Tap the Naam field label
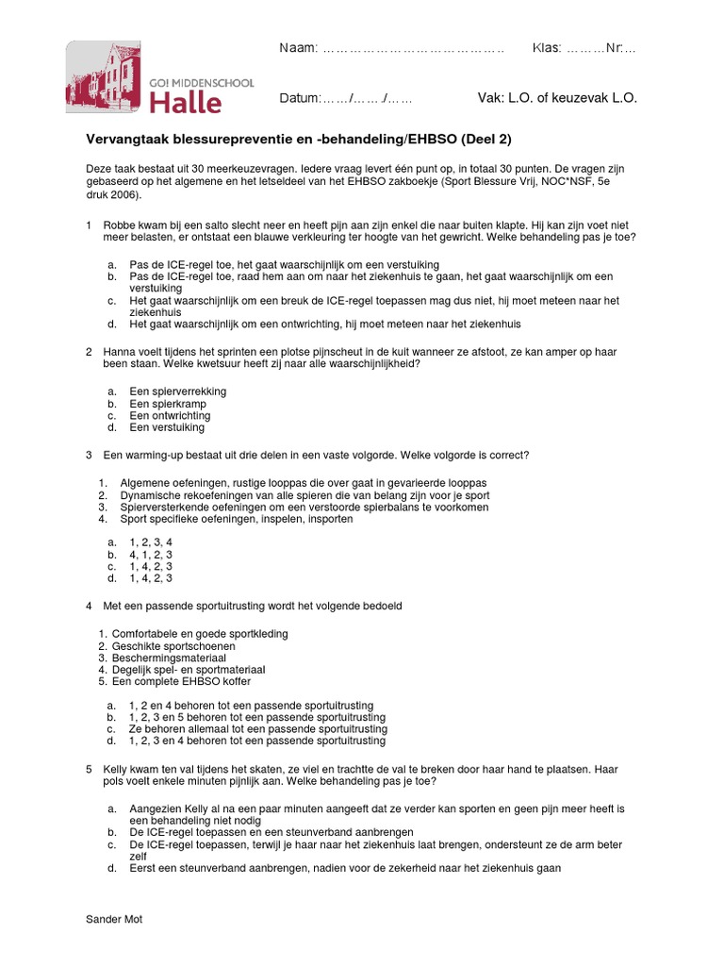click(x=299, y=48)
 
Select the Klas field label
click(x=547, y=48)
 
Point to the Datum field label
click(x=301, y=99)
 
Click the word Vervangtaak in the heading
click(x=127, y=139)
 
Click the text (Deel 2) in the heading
click(x=485, y=139)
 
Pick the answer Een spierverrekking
click(x=177, y=391)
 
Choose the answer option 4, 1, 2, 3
click(x=151, y=555)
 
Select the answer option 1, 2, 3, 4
click(x=151, y=542)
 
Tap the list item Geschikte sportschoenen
click(x=175, y=645)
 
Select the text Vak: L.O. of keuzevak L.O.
click(x=558, y=99)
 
